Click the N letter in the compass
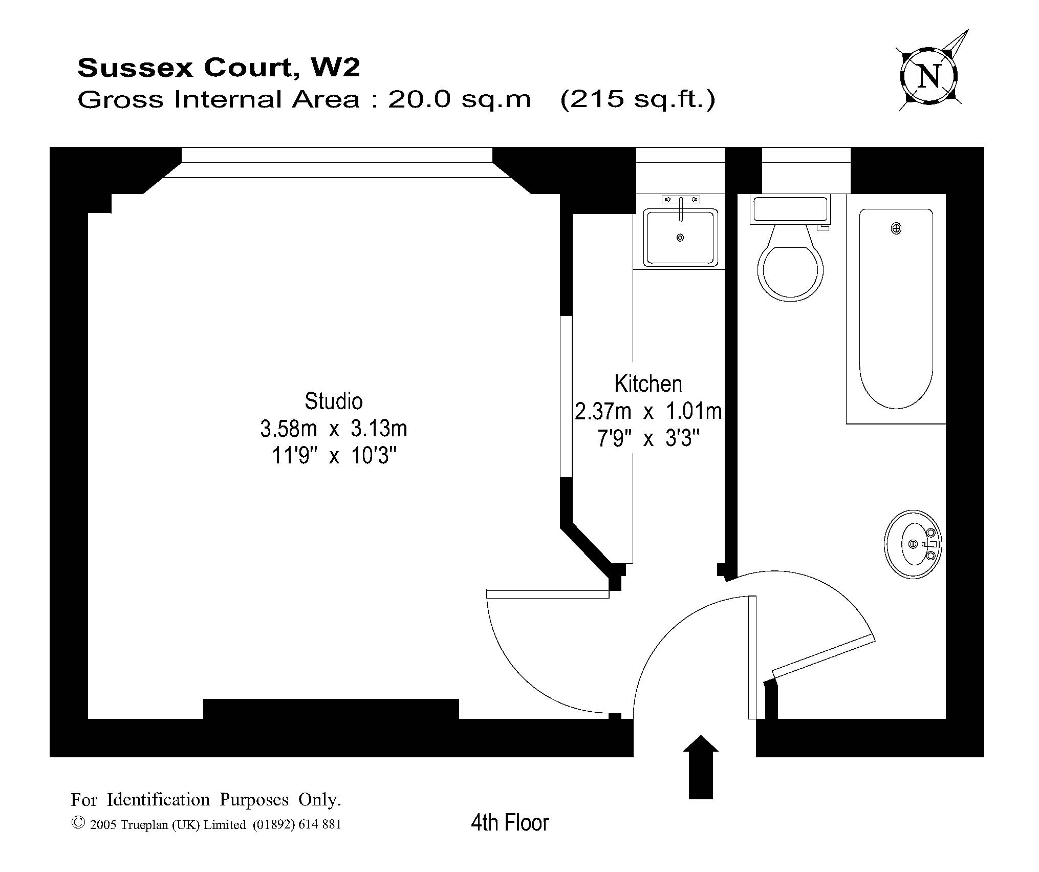click(929, 77)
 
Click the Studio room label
click(334, 401)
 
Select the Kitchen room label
click(648, 384)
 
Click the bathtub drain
click(896, 229)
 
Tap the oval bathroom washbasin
click(913, 544)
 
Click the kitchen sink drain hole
click(680, 238)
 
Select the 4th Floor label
click(510, 823)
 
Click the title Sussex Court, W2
click(219, 68)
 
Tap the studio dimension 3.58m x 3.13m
click(334, 429)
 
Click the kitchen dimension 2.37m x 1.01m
click(648, 412)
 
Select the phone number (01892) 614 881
click(297, 825)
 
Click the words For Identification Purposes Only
click(206, 799)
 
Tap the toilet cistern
click(790, 209)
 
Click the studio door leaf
click(548, 594)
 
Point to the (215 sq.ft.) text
click(638, 99)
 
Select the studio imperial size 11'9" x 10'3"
click(334, 456)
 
